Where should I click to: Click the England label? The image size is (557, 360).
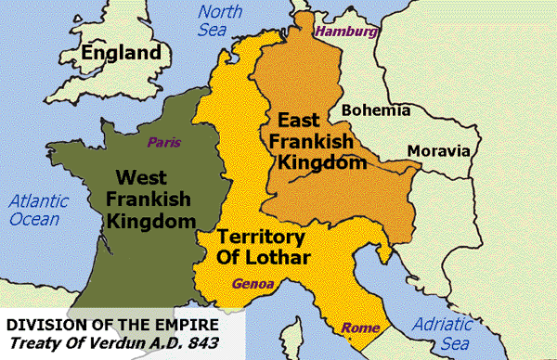coord(122,54)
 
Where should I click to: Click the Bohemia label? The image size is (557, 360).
coord(376,110)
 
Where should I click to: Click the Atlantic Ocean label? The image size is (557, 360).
coord(32,209)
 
